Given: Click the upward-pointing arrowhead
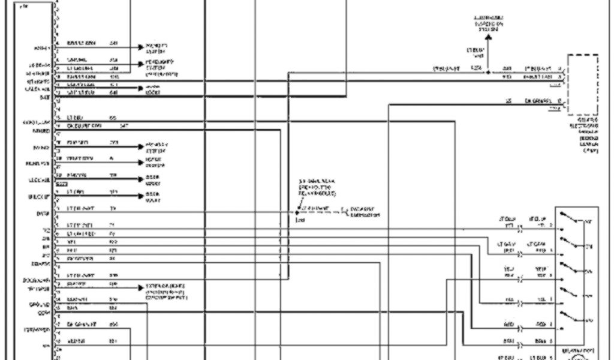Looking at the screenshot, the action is (x=488, y=38).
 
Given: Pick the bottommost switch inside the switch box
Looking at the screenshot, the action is (x=572, y=314).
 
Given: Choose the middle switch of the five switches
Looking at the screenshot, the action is (x=572, y=267).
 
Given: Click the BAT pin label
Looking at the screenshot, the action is (x=44, y=96).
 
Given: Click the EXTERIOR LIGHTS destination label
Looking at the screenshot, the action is (x=165, y=290).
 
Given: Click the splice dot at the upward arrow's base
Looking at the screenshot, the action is (x=488, y=72).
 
